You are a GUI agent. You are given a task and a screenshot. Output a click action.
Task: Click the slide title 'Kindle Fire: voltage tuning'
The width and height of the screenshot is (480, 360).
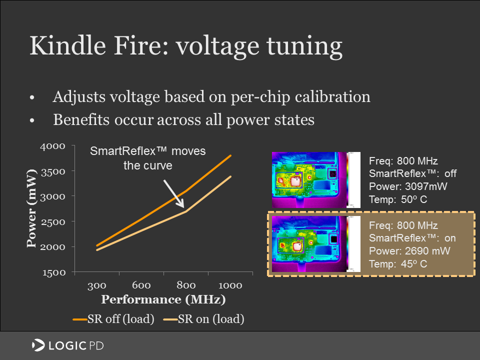coord(185,46)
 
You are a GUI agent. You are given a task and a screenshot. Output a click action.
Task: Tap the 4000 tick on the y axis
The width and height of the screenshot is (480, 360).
coord(52,146)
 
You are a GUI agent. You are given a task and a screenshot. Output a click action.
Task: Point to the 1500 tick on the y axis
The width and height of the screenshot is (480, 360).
coord(52,272)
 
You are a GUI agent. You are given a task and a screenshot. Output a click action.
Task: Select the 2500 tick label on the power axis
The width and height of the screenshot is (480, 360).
coord(52,221)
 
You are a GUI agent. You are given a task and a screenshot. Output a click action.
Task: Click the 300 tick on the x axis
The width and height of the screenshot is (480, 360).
coord(96,285)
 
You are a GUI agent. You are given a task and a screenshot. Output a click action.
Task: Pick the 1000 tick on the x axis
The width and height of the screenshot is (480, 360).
coord(230,285)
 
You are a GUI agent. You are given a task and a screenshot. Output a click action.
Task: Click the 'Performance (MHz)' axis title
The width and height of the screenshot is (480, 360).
coord(163,300)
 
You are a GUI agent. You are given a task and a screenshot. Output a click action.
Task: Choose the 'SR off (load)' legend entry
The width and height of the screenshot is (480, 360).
coord(114,319)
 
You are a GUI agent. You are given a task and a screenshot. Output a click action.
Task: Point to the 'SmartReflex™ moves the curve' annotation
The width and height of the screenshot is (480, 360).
coord(147,158)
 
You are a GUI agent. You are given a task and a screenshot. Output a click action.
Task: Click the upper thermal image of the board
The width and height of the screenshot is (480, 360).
coord(316,179)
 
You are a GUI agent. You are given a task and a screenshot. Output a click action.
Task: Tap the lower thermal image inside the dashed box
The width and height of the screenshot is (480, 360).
coord(316,244)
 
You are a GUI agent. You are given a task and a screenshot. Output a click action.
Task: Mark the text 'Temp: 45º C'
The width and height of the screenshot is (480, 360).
coord(397,264)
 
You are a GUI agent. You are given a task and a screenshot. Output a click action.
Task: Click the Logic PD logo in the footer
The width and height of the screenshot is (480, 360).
coord(67,345)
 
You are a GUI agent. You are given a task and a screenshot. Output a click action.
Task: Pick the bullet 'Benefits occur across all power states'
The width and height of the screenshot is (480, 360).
coord(183,120)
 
